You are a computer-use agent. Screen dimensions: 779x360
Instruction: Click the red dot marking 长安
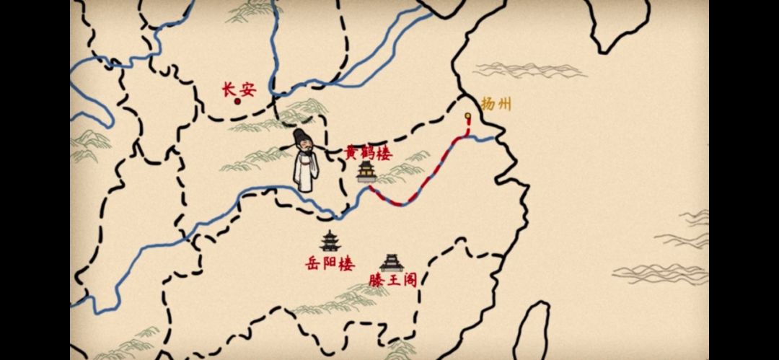[x=237, y=101]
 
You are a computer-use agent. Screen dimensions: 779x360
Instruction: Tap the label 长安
[x=238, y=89]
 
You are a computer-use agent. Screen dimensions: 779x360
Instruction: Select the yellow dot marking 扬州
[x=467, y=115]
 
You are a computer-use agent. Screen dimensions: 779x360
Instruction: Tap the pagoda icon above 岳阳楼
[x=330, y=241]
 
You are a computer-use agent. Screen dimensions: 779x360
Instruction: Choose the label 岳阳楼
[x=330, y=263]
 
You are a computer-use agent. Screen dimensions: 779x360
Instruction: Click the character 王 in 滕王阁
[x=393, y=280]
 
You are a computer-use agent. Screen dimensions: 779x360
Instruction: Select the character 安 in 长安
[x=247, y=89]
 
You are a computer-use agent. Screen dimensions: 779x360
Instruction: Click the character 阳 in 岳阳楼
[x=330, y=263]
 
